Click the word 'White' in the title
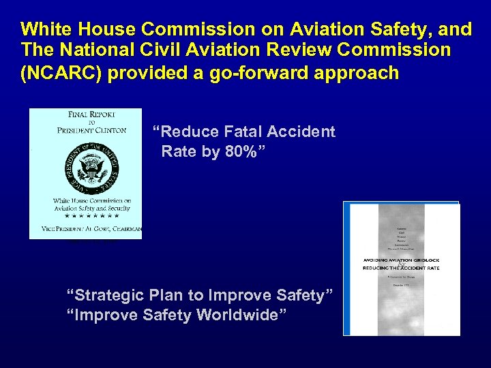coord(46,29)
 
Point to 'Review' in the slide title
coord(319,50)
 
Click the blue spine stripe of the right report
coord(347,269)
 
